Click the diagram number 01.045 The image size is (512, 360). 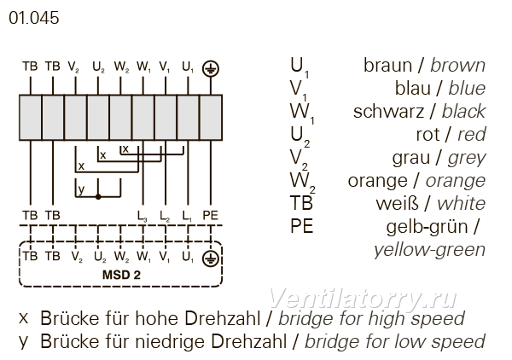pyautogui.click(x=33, y=18)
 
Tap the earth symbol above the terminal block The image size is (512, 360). pyautogui.click(x=211, y=68)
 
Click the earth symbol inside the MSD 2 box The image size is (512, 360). pyautogui.click(x=211, y=258)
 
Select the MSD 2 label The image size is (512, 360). pyautogui.click(x=121, y=275)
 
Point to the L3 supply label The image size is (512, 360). pyautogui.click(x=142, y=216)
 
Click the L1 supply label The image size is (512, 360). pyautogui.click(x=187, y=216)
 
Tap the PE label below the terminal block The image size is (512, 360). pyautogui.click(x=210, y=216)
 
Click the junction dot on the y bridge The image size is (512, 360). pyautogui.click(x=98, y=197)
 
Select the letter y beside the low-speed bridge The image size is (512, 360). pyautogui.click(x=81, y=189)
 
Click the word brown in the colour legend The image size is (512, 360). pyautogui.click(x=457, y=66)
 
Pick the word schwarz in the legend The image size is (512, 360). pyautogui.click(x=388, y=112)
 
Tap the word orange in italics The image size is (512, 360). pyautogui.click(x=456, y=181)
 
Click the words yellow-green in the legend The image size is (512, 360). pyautogui.click(x=430, y=250)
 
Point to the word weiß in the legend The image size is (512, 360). pyautogui.click(x=397, y=204)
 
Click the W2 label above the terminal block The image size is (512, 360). pyautogui.click(x=121, y=67)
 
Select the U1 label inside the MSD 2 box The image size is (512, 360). pyautogui.click(x=188, y=257)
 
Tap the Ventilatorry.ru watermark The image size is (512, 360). pyautogui.click(x=363, y=299)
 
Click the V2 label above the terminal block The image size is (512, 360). pyautogui.click(x=73, y=67)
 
